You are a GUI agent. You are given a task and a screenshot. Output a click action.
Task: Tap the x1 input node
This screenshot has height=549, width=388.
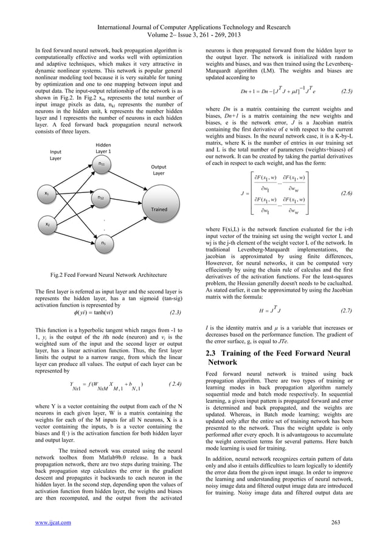(x=47, y=194)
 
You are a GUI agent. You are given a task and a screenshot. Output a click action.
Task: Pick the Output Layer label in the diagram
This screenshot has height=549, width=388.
(x=158, y=169)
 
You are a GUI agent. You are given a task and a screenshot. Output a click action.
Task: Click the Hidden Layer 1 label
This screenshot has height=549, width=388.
(x=103, y=147)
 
